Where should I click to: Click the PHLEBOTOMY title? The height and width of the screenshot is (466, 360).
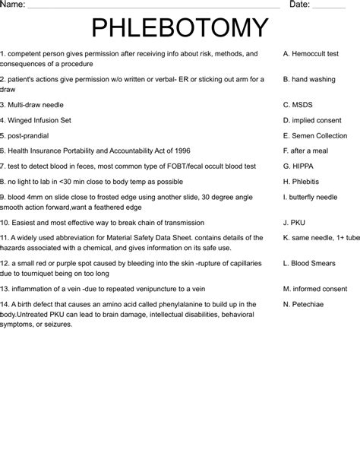point(180,28)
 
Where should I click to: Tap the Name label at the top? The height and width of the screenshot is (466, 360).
point(13,5)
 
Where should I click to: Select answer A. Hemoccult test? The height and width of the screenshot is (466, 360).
point(310,54)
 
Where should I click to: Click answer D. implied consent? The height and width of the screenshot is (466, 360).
point(311,120)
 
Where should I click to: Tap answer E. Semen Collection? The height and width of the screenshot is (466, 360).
point(314,135)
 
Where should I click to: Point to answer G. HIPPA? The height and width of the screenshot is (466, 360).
point(297,166)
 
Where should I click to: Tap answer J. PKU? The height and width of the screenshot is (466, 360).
point(293,223)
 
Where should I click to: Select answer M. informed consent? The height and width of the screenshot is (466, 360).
point(314,289)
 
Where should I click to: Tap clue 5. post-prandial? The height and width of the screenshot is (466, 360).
point(30,135)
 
